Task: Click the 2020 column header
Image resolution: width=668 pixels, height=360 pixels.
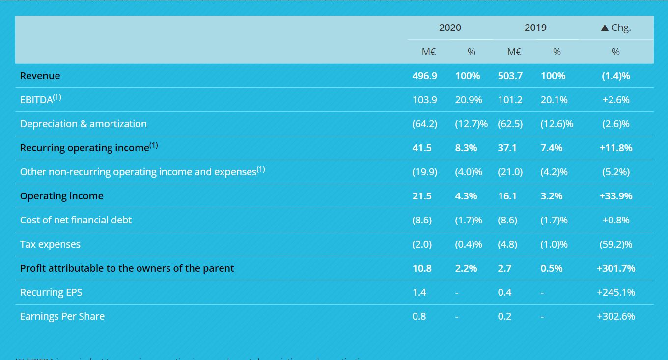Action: pos(450,28)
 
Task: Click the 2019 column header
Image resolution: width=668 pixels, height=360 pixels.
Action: pos(535,28)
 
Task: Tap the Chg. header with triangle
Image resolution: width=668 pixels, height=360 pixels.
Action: pos(616,28)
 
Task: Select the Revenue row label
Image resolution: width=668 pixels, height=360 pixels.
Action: pos(40,76)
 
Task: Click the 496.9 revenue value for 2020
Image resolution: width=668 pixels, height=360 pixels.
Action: pos(424,76)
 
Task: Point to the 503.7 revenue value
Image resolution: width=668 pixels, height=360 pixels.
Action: pos(510,76)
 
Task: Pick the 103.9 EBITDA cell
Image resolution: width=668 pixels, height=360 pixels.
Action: pos(424,100)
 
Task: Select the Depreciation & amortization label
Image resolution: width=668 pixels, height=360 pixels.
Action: pos(83,124)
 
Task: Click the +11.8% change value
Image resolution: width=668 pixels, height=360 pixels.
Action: pos(616,148)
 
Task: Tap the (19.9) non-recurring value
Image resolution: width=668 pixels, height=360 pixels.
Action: pos(424,172)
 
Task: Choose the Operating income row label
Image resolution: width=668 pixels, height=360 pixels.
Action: pos(62,196)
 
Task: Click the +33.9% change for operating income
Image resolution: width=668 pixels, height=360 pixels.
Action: pos(616,196)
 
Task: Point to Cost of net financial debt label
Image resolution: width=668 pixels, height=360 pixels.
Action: pos(76,220)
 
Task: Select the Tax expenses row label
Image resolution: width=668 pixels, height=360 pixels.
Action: pos(50,244)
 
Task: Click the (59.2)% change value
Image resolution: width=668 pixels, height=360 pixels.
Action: pos(616,244)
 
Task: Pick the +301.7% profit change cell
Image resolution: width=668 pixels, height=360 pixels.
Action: pos(616,268)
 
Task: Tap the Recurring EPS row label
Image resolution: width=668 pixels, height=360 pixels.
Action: pos(51,292)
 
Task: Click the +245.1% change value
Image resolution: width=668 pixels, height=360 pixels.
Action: pos(616,292)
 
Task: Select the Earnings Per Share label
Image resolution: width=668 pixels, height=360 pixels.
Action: pos(62,316)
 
